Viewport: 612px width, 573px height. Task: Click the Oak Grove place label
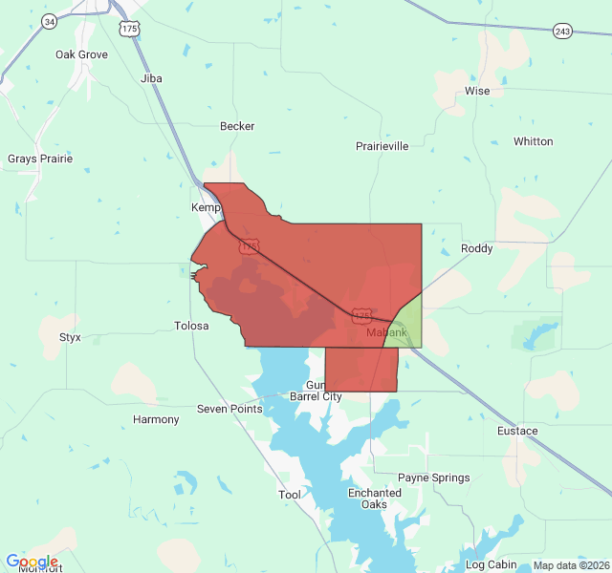coord(81,54)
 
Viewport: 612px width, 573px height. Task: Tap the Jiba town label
coord(151,78)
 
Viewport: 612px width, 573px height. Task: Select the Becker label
coord(237,126)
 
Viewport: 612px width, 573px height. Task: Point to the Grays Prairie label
coord(40,159)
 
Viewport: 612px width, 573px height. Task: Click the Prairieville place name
coord(382,146)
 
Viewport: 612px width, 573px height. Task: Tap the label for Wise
coord(477,92)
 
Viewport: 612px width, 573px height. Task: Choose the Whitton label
coord(533,141)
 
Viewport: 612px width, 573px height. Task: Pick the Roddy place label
coord(477,248)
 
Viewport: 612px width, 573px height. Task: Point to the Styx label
coord(70,337)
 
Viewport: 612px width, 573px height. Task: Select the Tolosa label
coord(191,326)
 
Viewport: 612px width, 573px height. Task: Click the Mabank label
coord(386,332)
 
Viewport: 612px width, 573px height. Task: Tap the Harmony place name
coord(156,419)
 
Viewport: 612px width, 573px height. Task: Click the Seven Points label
coord(229,409)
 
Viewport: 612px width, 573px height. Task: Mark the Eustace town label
coord(517,431)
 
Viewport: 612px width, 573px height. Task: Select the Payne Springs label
coord(434,477)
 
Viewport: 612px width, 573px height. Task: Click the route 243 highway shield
coord(562,32)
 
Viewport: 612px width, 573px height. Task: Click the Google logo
coord(32,562)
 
